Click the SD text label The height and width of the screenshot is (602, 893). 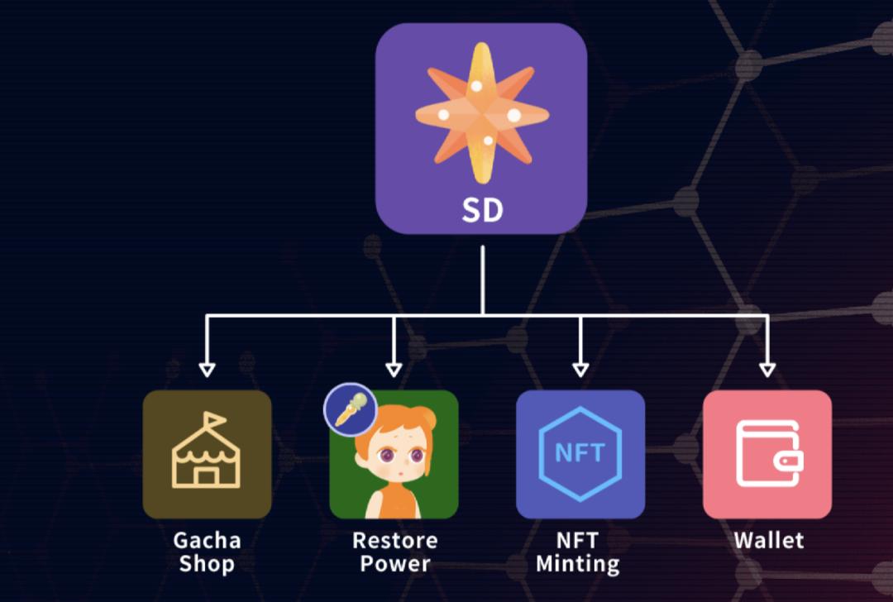click(482, 209)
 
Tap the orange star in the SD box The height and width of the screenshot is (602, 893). click(482, 113)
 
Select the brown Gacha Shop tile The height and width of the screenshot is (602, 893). click(207, 455)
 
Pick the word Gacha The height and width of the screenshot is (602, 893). click(207, 540)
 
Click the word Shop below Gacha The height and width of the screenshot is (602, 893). click(207, 564)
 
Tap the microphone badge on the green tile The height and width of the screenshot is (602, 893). click(351, 409)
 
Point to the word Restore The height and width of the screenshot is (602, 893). click(395, 540)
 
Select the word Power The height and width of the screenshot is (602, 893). click(395, 563)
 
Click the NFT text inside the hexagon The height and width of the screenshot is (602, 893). click(580, 453)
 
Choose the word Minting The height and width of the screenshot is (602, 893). click(577, 564)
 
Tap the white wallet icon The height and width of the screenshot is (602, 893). click(769, 454)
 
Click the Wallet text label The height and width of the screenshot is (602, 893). click(769, 540)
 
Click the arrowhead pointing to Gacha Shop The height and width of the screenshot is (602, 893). click(207, 370)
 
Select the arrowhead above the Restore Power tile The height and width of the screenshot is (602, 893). click(394, 370)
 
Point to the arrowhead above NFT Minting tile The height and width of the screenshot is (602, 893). click(580, 370)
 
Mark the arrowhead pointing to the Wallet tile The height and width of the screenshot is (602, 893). click(767, 370)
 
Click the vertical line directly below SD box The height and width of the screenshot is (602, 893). click(482, 280)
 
